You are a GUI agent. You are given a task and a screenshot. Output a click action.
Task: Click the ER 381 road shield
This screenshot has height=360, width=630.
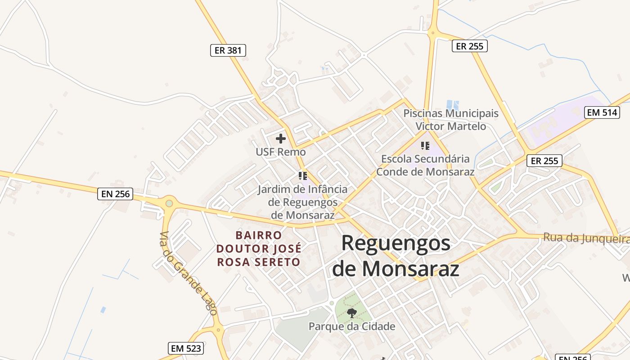pyautogui.click(x=228, y=50)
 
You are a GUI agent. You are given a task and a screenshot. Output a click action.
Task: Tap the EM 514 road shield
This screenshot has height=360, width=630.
pyautogui.click(x=602, y=112)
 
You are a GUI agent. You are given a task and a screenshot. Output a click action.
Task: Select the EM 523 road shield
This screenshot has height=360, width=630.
pyautogui.click(x=186, y=348)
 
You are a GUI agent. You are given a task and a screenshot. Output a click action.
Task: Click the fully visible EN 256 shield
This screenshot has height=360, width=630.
pyautogui.click(x=115, y=194)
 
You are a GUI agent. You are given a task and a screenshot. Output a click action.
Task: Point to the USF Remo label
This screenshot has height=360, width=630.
pyautogui.click(x=281, y=152)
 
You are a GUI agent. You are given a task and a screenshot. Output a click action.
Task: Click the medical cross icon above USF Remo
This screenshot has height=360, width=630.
pyautogui.click(x=281, y=139)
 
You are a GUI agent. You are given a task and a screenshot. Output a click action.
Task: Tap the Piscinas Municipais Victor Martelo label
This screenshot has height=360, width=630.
pyautogui.click(x=451, y=120)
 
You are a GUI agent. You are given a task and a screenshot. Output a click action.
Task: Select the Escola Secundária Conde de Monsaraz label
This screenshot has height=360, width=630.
pyautogui.click(x=425, y=165)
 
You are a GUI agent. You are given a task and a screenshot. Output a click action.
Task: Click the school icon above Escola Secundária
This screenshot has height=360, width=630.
pyautogui.click(x=425, y=146)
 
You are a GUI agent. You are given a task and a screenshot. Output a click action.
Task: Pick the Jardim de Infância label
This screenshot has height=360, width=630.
pyautogui.click(x=303, y=202)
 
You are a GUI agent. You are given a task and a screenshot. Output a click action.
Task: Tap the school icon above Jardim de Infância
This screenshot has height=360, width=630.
pyautogui.click(x=303, y=175)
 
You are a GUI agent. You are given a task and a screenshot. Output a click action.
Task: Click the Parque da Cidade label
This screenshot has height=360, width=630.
pyautogui.click(x=352, y=326)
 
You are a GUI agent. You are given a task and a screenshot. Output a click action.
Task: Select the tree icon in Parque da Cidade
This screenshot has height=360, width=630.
pyautogui.click(x=352, y=313)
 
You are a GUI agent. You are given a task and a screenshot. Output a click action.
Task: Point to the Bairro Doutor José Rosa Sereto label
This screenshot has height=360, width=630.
pyautogui.click(x=259, y=248)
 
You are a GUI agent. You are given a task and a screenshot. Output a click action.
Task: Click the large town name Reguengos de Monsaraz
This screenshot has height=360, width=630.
pyautogui.click(x=396, y=256)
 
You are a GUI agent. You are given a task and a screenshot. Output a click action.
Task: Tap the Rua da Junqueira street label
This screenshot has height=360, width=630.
pyautogui.click(x=585, y=238)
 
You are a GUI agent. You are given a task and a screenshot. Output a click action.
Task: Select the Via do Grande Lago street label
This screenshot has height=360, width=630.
pyautogui.click(x=189, y=273)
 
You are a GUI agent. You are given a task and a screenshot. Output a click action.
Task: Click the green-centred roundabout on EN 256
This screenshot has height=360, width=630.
pyautogui.click(x=169, y=203)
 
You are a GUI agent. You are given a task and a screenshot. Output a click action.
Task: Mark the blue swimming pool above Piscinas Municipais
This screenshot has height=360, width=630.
pyautogui.click(x=453, y=105)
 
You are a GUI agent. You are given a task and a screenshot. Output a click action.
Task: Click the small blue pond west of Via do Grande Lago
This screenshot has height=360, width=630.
pyautogui.click(x=103, y=310)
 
